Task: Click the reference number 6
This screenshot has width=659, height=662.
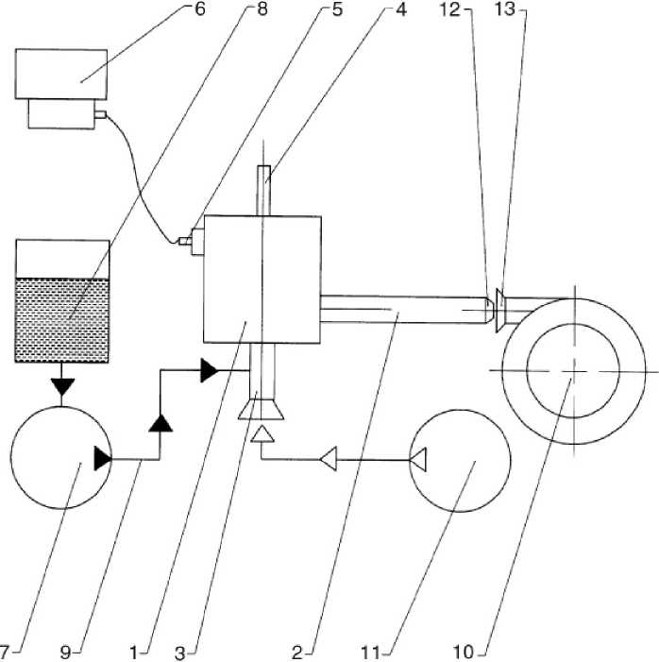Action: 200,8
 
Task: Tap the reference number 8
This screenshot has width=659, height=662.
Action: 262,8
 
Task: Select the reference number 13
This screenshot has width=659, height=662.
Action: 505,8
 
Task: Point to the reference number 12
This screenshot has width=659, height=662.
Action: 449,8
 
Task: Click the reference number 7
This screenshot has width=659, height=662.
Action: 4,653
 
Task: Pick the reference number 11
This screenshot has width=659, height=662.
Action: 371,653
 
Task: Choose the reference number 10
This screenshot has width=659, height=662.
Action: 464,653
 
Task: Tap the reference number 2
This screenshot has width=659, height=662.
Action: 297,653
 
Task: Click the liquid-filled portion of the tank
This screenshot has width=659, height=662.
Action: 61,320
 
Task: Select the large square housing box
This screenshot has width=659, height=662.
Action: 262,280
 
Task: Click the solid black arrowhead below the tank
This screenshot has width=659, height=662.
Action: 62,387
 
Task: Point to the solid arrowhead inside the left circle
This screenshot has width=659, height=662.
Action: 103,459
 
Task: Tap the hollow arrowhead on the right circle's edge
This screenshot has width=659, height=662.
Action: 418,459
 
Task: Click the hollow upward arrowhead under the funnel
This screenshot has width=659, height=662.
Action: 262,434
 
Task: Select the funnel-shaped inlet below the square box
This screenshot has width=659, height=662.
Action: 261,410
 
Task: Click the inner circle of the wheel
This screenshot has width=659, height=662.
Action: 573,371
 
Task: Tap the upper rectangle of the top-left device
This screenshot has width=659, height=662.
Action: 61,75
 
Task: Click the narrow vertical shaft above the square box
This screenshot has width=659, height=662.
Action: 263,191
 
